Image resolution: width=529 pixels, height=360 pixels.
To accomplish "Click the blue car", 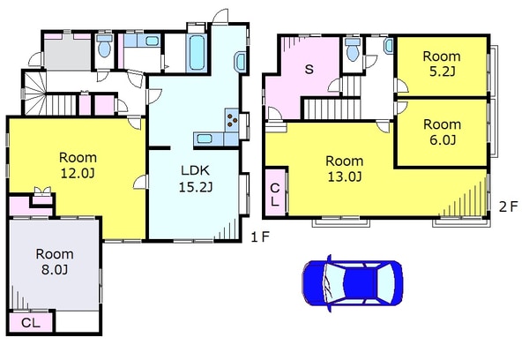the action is point(352,283).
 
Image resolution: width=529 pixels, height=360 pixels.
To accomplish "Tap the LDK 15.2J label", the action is point(196,178).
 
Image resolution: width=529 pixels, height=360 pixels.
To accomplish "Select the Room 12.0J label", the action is point(78,165).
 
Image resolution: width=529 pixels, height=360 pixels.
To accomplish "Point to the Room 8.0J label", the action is point(55,262).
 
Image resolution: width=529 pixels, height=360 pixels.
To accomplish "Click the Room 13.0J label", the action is point(345,169).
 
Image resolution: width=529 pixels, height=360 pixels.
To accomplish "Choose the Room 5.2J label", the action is point(442,64).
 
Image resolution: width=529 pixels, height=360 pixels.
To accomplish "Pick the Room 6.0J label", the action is point(443,131).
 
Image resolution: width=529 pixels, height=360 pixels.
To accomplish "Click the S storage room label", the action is point(309,69).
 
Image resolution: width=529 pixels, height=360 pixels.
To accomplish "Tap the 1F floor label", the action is point(260,237).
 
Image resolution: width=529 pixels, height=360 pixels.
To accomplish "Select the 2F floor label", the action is point(508,206).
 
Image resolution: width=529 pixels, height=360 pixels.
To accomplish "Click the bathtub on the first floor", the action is point(197,52).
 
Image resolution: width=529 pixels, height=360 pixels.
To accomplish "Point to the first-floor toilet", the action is point(104,46).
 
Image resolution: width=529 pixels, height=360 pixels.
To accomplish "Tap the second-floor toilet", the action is point(353,49).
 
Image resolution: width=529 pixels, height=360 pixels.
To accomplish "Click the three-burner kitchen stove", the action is point(232,120).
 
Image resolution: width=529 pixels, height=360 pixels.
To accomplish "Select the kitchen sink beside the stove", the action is point(205,139).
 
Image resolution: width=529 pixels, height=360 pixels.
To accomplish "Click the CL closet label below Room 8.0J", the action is point(31,323).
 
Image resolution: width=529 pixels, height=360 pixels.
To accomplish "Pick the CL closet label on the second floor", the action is point(275,194).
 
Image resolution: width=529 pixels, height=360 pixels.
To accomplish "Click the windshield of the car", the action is point(333,283).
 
